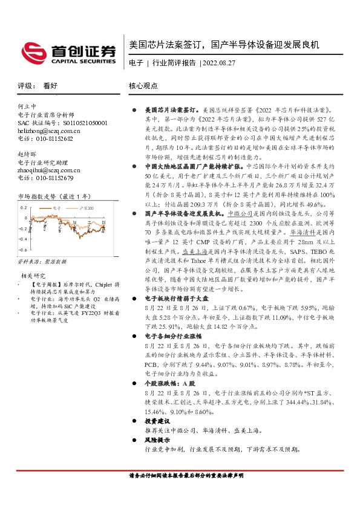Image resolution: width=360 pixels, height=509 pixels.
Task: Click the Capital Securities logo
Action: point(68,53)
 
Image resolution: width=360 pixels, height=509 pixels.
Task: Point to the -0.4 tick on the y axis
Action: point(22,240)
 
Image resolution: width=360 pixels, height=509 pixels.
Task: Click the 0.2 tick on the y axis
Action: point(24,207)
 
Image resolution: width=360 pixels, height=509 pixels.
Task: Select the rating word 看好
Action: point(50,86)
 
